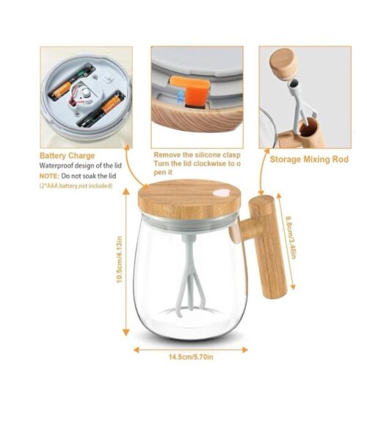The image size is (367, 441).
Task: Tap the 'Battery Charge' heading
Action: (67, 156)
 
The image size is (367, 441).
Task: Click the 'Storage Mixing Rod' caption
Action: (309, 159)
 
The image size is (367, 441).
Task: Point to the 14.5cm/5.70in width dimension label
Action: (191, 357)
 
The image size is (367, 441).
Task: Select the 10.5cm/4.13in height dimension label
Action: (120, 259)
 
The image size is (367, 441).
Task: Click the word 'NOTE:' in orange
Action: (49, 176)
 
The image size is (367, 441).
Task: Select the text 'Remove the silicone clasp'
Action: (197, 155)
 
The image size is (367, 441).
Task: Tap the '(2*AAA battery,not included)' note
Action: (76, 186)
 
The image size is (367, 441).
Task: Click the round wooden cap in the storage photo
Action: (283, 65)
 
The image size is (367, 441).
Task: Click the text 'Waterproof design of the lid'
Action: (80, 165)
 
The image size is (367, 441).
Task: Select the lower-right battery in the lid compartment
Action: (102, 110)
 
